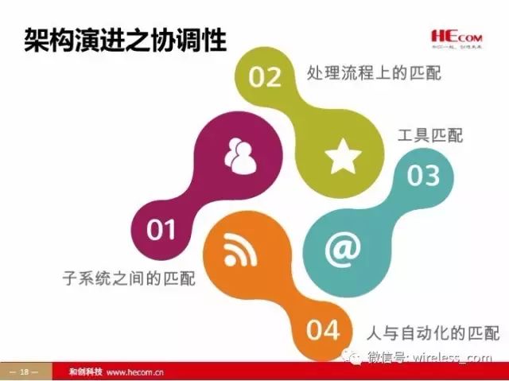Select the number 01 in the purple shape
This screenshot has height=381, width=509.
[161, 231]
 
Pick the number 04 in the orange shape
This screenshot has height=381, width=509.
[323, 329]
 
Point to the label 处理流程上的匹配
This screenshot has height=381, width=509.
[373, 73]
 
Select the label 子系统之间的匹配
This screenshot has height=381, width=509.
[129, 279]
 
